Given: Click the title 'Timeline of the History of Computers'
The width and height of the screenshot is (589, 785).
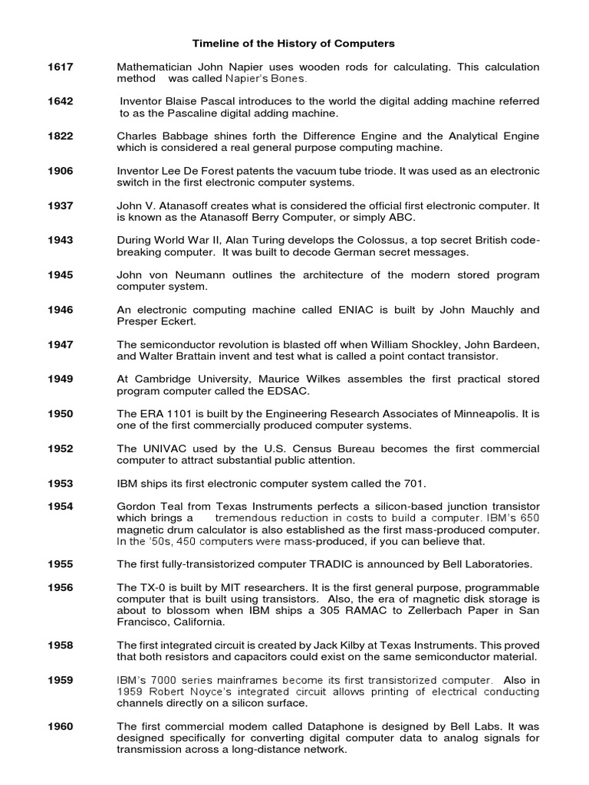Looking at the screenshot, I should pos(293,44).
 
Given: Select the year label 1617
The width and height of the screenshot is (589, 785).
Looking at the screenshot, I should pos(61,67).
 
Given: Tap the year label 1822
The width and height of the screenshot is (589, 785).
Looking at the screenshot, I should pos(61,136).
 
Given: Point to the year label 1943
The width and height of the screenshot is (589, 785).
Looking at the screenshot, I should pos(61,241).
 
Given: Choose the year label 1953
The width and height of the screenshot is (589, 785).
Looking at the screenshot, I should pos(61,484).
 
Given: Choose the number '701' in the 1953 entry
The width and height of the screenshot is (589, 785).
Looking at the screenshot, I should pos(413,484).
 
